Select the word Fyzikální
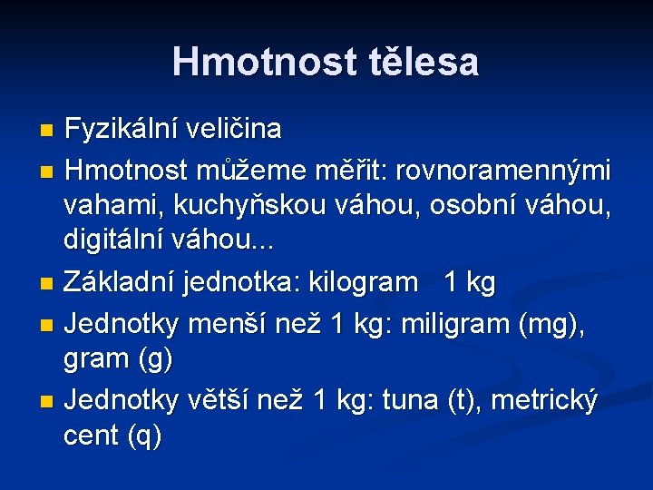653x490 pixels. [121, 130]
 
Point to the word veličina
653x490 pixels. [233, 130]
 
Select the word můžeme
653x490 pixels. [259, 170]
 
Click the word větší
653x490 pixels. [222, 398]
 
